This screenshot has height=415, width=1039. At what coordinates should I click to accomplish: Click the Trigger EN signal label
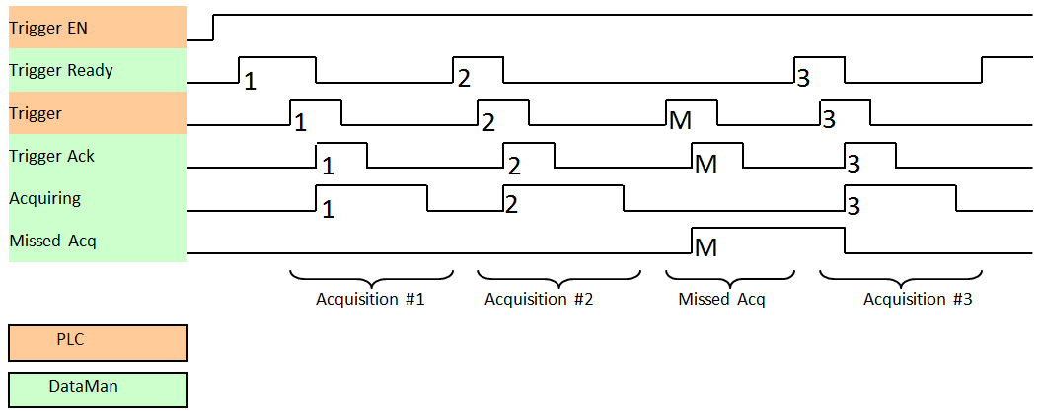(x=48, y=28)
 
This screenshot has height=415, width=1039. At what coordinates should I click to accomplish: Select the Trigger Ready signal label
(x=61, y=70)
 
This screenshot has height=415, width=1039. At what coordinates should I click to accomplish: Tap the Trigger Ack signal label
(x=51, y=156)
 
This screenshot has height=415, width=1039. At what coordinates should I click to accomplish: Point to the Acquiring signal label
(x=44, y=198)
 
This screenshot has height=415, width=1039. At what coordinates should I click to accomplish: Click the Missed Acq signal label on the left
(x=52, y=241)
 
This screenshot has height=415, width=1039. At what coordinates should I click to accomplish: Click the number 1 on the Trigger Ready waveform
(x=250, y=81)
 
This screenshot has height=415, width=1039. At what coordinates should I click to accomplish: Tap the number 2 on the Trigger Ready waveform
(x=464, y=77)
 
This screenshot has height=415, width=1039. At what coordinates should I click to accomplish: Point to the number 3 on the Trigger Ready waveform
(x=803, y=77)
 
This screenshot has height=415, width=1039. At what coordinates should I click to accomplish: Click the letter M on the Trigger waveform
(x=680, y=120)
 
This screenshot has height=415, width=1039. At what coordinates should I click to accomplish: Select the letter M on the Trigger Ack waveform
(x=705, y=164)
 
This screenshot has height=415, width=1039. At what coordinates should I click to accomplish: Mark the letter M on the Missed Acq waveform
(x=705, y=245)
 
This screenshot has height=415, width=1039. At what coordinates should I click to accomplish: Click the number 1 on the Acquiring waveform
(x=328, y=208)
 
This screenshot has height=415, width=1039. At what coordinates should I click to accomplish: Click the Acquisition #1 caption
(x=370, y=299)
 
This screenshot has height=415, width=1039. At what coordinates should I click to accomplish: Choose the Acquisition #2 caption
(x=539, y=299)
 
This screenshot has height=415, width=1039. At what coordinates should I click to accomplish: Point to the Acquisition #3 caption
(x=918, y=299)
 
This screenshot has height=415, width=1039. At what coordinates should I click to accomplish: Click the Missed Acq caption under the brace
(x=721, y=299)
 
